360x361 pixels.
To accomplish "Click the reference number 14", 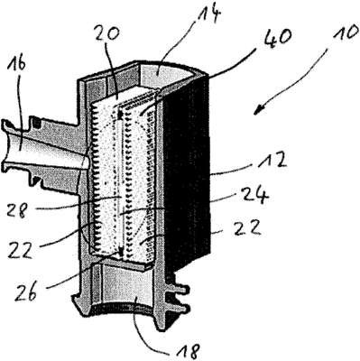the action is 208,14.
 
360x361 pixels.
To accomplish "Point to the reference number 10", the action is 346,32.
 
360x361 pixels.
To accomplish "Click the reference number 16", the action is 18,64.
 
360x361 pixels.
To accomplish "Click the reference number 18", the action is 186,349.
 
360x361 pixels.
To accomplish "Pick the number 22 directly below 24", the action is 246,228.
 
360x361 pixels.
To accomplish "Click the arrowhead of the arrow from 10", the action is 258,111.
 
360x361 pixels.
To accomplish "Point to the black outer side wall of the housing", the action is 187,171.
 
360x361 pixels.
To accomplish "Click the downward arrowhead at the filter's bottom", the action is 121,252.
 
